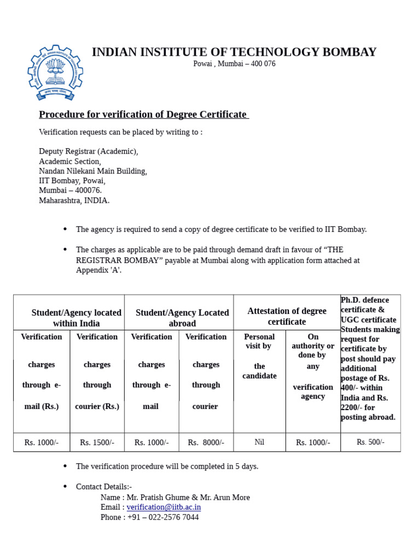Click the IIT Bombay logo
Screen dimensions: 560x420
click(55, 73)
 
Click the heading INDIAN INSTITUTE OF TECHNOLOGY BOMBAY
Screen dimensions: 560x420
click(234, 52)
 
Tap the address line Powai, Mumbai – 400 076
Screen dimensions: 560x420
click(234, 63)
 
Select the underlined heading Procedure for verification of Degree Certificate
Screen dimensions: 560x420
click(143, 114)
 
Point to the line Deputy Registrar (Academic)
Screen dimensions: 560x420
click(89, 151)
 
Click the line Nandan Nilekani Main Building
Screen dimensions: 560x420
click(93, 171)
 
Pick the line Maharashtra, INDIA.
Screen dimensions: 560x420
click(74, 200)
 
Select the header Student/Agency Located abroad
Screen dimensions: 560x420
click(182, 318)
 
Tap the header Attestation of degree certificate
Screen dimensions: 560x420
click(287, 316)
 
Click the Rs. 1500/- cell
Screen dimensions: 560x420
click(97, 442)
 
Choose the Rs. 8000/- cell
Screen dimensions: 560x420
click(206, 442)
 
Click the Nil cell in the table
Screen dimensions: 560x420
click(259, 442)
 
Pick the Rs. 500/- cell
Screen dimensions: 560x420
click(370, 442)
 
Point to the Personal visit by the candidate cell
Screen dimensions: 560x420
click(259, 356)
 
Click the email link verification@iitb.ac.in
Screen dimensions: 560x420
click(164, 507)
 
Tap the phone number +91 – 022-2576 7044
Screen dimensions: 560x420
click(163, 517)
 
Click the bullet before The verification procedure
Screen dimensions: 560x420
click(65, 466)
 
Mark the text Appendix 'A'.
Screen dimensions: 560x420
click(98, 270)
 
